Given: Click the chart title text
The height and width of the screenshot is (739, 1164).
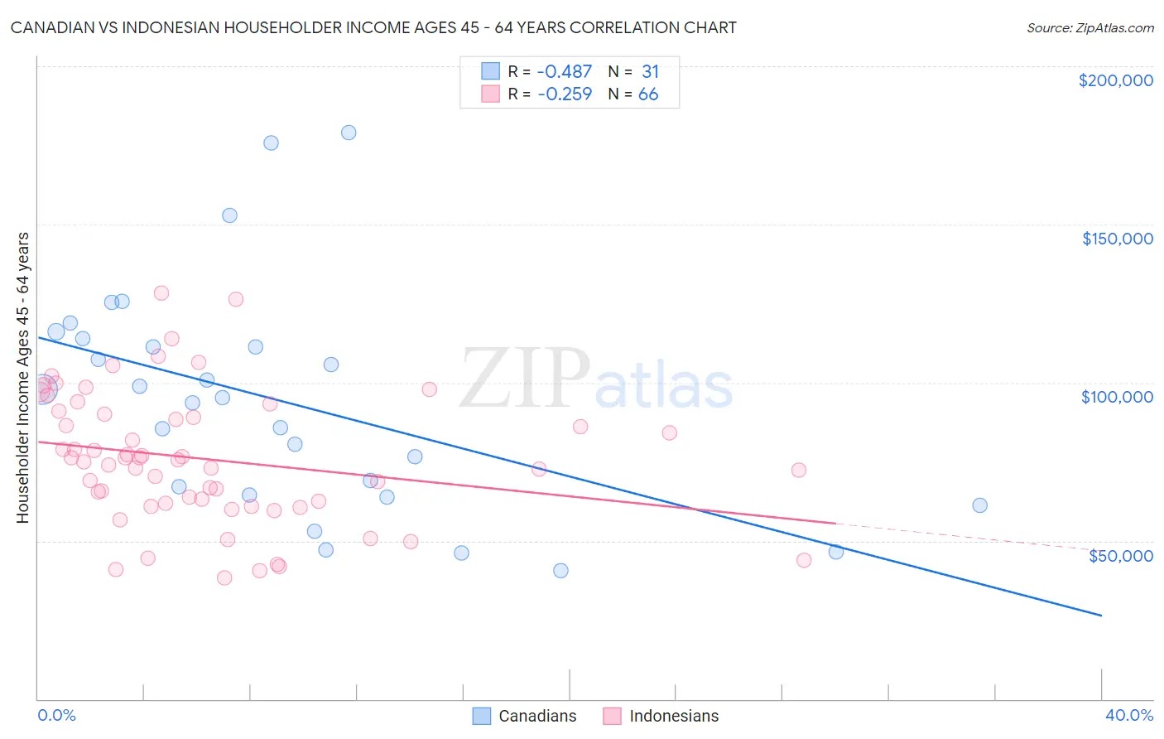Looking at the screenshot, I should (x=373, y=27).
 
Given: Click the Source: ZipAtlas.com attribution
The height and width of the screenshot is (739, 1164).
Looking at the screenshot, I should (x=1089, y=27).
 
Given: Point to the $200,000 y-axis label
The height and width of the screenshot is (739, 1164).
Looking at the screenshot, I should (x=1115, y=80).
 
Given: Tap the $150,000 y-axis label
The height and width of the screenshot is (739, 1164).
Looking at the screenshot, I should (x=1117, y=239).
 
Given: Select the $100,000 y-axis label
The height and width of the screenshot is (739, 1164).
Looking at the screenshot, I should (x=1117, y=397).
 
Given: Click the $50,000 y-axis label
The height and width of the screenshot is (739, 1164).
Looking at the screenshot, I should (x=1120, y=555).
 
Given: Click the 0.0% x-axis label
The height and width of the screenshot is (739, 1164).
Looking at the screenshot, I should (x=56, y=715).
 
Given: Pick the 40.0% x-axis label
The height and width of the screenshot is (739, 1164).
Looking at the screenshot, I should (x=1128, y=715).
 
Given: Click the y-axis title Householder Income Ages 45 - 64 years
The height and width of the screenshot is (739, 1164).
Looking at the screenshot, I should (x=22, y=378).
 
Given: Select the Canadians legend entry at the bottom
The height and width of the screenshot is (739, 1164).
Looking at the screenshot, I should (x=524, y=716).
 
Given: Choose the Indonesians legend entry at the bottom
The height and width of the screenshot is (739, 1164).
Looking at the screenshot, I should (x=661, y=716).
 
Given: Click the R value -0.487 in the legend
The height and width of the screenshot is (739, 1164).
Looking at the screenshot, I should (x=565, y=72).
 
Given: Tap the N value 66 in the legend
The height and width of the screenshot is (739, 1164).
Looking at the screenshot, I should (x=648, y=94).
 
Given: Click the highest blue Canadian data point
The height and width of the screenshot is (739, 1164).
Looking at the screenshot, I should (x=349, y=133).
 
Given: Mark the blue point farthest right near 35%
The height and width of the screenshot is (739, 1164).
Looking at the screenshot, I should (x=979, y=505).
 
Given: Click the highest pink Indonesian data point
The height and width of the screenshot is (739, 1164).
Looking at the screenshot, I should (x=161, y=293).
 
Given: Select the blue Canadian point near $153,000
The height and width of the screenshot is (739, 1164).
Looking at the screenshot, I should (x=229, y=215).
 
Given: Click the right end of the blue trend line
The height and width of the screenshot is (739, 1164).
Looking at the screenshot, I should (x=1101, y=616).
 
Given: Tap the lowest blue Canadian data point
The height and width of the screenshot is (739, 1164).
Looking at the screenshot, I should (x=560, y=571).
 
